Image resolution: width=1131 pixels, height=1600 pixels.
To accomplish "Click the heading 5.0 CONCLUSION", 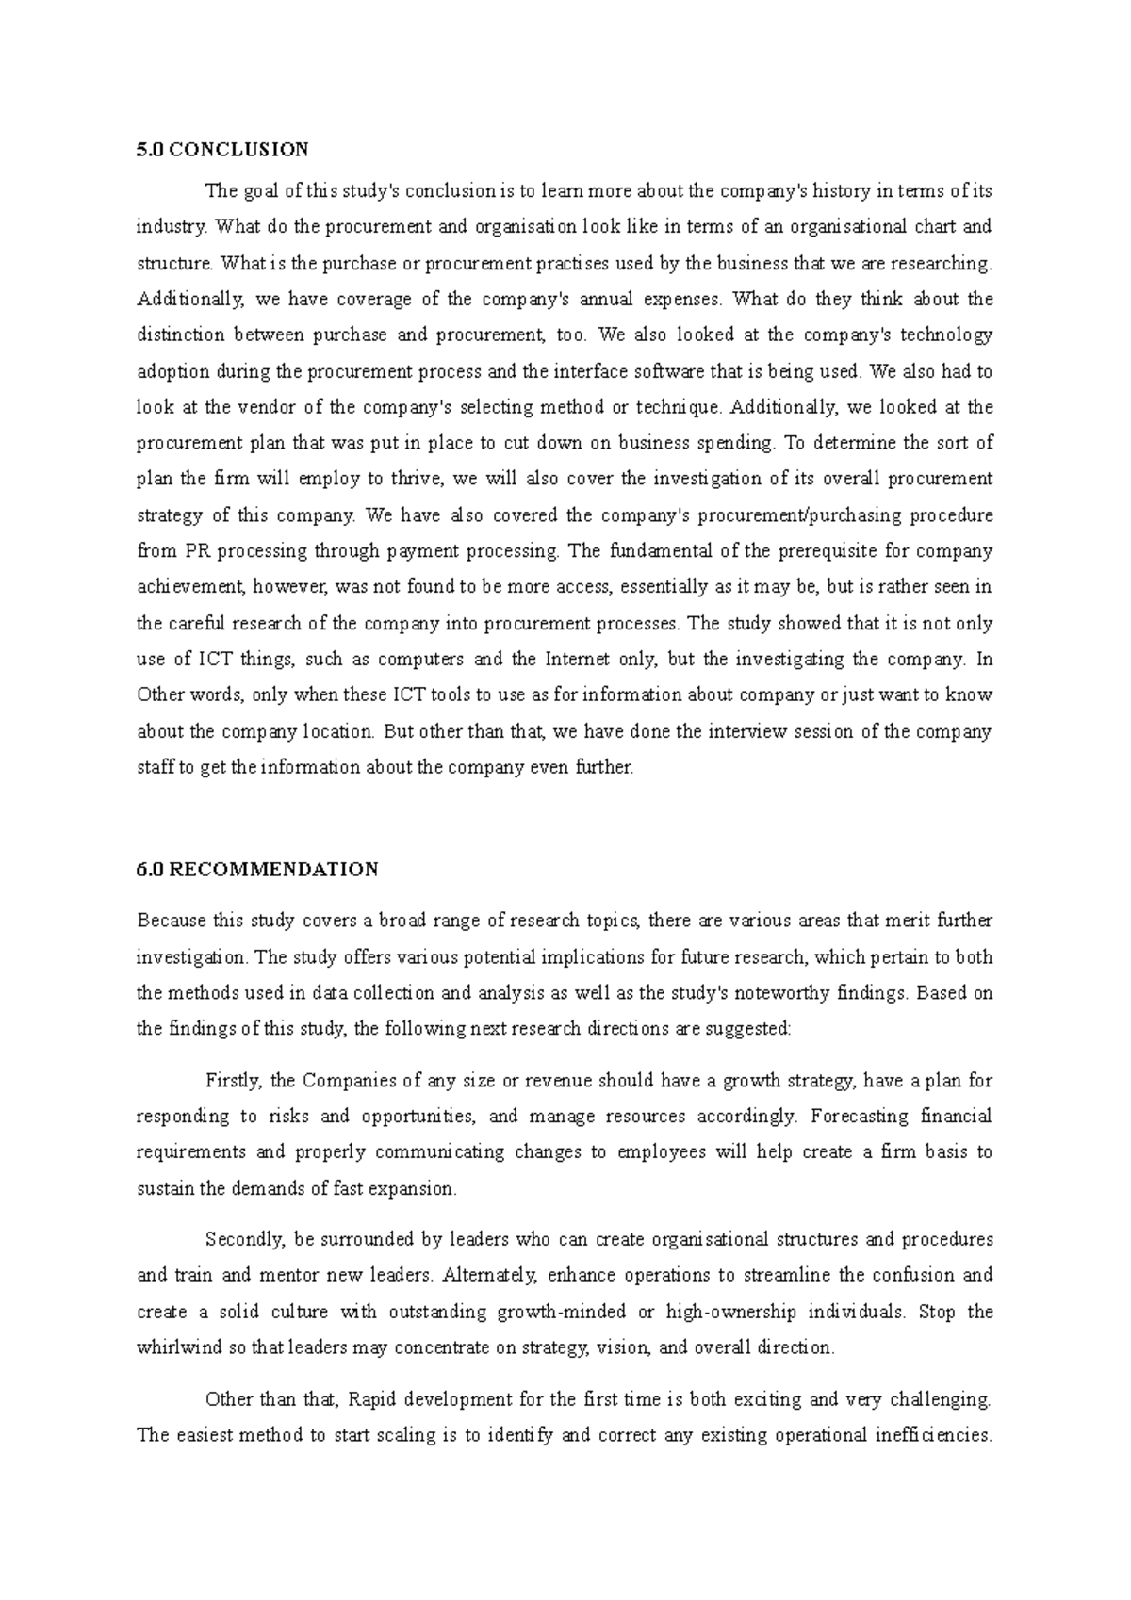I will pos(222,149).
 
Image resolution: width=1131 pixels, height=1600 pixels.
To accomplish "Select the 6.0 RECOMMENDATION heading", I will pos(257,869).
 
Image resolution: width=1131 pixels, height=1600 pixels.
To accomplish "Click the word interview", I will pos(769,731).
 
